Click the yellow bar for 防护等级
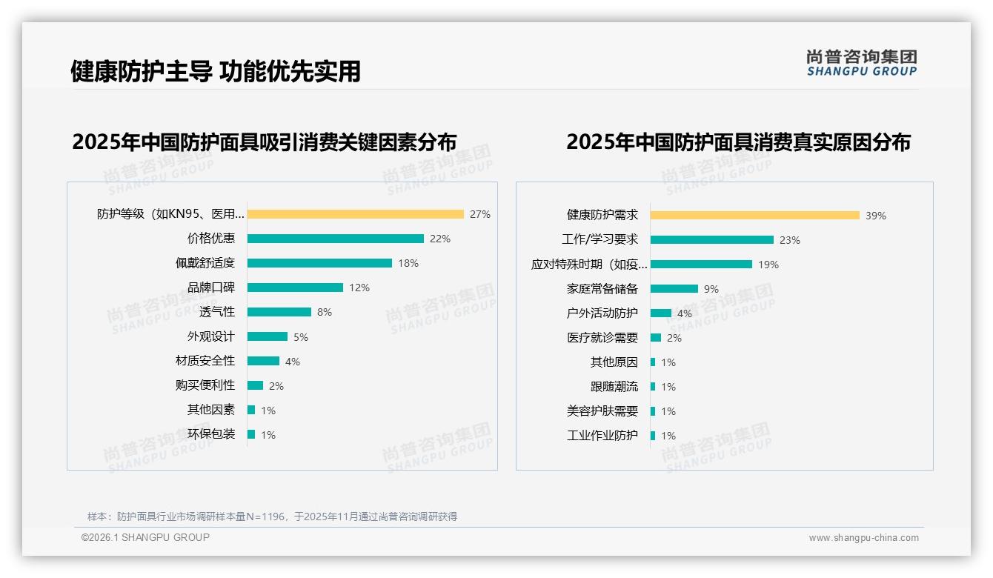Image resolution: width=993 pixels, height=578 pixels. click(355, 214)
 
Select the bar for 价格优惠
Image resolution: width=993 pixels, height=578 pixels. click(335, 239)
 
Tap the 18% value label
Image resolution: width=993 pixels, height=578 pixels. click(408, 263)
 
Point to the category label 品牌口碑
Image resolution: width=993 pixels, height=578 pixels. click(211, 288)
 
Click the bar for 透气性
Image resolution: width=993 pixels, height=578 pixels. click(279, 312)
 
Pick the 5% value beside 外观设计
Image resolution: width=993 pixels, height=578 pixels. click(300, 337)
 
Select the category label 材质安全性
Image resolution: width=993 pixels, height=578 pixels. click(205, 361)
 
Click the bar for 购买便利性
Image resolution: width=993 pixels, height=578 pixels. click(255, 385)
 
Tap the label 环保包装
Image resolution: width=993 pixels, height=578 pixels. click(211, 434)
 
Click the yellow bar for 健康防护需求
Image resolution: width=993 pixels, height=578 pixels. click(754, 215)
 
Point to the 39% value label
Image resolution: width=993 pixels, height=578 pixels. click(876, 216)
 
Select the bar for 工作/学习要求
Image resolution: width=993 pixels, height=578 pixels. click(711, 239)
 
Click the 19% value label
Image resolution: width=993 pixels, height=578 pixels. click(768, 265)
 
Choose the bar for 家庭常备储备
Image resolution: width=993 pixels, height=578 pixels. click(674, 288)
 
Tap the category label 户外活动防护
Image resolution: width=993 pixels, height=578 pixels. click(602, 313)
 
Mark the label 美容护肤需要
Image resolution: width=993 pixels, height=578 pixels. click(602, 411)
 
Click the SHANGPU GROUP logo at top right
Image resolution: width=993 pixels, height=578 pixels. click(862, 63)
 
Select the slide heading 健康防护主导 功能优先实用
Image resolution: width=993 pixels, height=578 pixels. click(216, 71)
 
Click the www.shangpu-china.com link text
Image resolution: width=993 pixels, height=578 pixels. click(863, 538)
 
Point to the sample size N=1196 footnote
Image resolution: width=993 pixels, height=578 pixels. click(272, 516)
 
